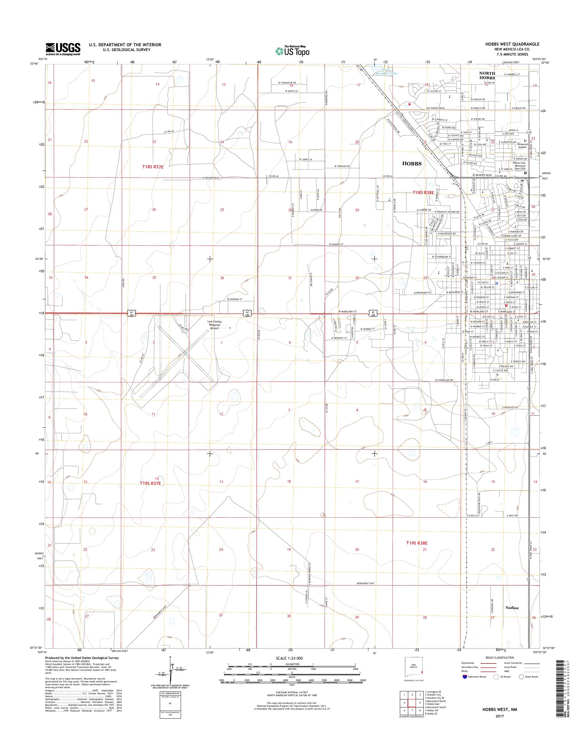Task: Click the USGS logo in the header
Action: click(63, 49)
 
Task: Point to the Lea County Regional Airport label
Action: click(214, 325)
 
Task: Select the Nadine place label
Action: click(512, 608)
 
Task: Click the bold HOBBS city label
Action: click(412, 163)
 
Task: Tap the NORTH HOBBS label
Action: click(487, 76)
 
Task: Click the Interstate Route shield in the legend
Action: click(464, 677)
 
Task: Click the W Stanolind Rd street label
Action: click(444, 380)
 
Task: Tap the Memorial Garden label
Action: click(523, 145)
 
